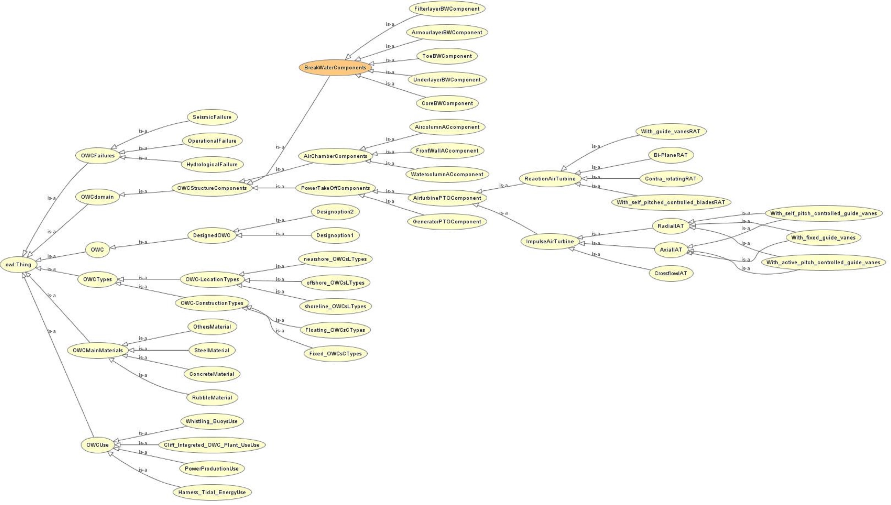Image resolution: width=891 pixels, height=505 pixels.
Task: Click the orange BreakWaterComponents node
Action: click(335, 68)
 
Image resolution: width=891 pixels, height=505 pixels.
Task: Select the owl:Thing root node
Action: click(18, 265)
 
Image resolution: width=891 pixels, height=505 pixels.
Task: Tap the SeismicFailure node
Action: click(212, 117)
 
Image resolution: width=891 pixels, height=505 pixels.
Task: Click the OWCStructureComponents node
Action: click(212, 188)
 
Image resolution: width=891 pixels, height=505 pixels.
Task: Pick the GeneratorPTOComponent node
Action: click(447, 222)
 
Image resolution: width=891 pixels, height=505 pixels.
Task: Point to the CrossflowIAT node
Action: click(671, 273)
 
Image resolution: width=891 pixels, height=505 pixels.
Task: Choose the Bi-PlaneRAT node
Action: click(671, 155)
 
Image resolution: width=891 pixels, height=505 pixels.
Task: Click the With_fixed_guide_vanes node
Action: click(823, 238)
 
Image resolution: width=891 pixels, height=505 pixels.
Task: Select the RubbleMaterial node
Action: click(212, 398)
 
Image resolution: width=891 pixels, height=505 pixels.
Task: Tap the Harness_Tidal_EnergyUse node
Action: click(212, 492)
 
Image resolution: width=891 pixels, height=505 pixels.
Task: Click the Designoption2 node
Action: click(335, 212)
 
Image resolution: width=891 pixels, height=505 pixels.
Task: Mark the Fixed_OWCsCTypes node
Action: click(335, 354)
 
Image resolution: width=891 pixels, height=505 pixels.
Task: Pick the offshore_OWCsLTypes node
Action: click(335, 283)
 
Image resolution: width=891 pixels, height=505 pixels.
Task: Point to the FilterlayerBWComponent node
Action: click(447, 9)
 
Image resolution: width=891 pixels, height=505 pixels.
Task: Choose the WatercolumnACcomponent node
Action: click(447, 175)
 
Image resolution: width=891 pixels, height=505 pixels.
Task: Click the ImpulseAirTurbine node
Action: click(550, 242)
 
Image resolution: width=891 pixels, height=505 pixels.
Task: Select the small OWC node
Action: click(97, 250)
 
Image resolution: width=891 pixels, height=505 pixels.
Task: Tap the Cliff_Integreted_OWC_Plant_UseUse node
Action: click(212, 445)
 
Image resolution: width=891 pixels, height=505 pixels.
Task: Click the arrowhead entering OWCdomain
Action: click(122, 195)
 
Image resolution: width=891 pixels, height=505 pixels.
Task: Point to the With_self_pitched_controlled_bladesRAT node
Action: click(671, 202)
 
